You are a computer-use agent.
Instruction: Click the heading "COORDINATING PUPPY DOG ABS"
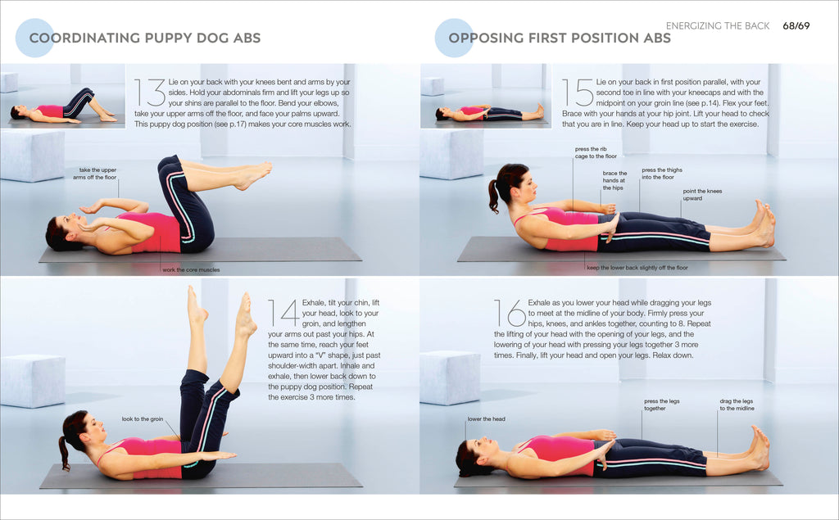click(144, 38)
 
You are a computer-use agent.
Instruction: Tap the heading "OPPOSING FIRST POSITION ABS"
click(559, 38)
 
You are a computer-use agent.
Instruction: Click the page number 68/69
click(796, 26)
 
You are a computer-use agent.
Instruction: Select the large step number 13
click(150, 94)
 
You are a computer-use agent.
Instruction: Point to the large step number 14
click(283, 314)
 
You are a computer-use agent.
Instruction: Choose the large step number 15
click(578, 93)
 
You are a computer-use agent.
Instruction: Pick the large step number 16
click(510, 314)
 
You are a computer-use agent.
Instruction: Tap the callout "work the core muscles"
click(191, 269)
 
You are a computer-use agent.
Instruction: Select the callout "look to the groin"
click(142, 419)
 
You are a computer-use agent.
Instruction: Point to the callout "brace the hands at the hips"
click(615, 180)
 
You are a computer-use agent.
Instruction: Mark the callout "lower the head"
click(486, 419)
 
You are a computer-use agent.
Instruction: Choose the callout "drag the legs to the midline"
click(737, 405)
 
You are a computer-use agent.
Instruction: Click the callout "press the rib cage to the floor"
click(596, 152)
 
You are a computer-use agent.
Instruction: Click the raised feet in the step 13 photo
click(254, 174)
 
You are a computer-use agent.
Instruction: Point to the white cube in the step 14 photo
click(33, 380)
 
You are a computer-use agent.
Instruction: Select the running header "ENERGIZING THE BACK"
click(718, 26)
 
